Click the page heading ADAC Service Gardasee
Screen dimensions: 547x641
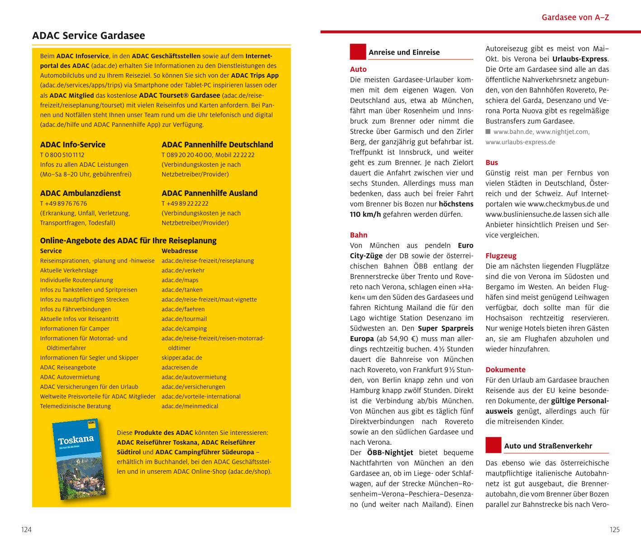pyautogui.click(x=89, y=36)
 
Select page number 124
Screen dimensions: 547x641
pyautogui.click(x=26, y=530)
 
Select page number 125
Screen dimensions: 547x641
pyautogui.click(x=614, y=530)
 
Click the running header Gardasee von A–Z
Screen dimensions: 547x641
pyautogui.click(x=575, y=18)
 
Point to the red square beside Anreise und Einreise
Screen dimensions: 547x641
pyautogui.click(x=357, y=52)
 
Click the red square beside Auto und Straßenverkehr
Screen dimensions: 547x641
pyautogui.click(x=493, y=445)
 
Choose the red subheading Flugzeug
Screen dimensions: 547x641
pyautogui.click(x=501, y=256)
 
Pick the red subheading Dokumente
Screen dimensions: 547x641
pyautogui.click(x=505, y=370)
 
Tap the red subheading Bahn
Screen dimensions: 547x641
pyautogui.click(x=358, y=235)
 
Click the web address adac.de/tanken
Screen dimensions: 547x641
pyautogui.click(x=182, y=290)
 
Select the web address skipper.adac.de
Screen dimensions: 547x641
pyautogui.click(x=182, y=358)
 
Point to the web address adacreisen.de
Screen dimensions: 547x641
pyautogui.click(x=180, y=368)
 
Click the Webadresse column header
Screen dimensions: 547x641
pyautogui.click(x=180, y=251)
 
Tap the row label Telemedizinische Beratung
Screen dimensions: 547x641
pyautogui.click(x=75, y=406)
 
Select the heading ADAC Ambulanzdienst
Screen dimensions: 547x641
pyautogui.click(x=80, y=193)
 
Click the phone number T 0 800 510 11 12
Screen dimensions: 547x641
pyautogui.click(x=62, y=155)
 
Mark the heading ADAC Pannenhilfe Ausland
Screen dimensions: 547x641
pyautogui.click(x=209, y=193)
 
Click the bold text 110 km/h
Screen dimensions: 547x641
pyautogui.click(x=365, y=214)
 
